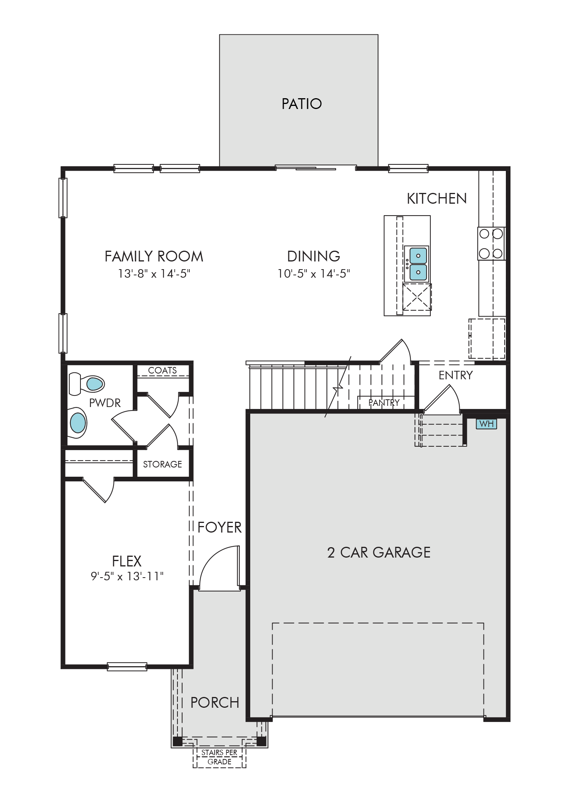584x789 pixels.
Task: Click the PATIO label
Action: (301, 104)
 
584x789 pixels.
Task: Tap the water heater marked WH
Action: (487, 424)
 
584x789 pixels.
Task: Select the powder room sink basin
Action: (78, 423)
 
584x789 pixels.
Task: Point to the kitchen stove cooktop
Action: (491, 244)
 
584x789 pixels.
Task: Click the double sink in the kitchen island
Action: (418, 264)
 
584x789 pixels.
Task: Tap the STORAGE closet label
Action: (162, 464)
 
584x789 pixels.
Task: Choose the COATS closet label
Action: (162, 370)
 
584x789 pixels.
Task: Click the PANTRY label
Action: (384, 402)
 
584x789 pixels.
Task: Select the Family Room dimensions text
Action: (154, 273)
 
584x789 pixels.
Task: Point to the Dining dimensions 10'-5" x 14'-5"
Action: (314, 273)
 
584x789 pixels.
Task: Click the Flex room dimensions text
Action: (127, 576)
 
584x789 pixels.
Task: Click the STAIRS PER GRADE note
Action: (219, 757)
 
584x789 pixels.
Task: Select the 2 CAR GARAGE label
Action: (379, 552)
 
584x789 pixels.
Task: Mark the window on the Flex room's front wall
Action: (127, 666)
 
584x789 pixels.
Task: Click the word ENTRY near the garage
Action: (455, 375)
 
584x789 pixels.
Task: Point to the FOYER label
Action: (219, 527)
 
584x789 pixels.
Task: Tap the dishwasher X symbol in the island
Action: (417, 297)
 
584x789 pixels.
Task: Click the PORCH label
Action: (215, 703)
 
